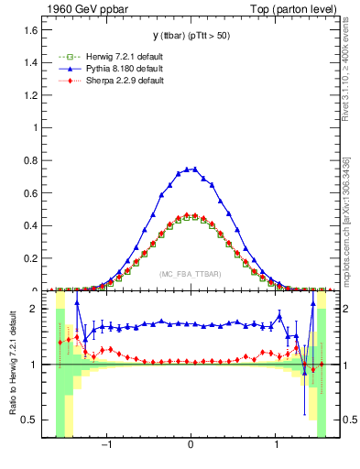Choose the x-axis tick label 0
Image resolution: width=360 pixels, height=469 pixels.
click(191, 446)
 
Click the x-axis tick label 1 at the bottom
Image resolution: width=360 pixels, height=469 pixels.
click(277, 446)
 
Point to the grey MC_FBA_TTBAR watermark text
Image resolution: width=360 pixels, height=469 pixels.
click(190, 274)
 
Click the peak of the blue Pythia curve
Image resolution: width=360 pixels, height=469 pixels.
click(191, 169)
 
